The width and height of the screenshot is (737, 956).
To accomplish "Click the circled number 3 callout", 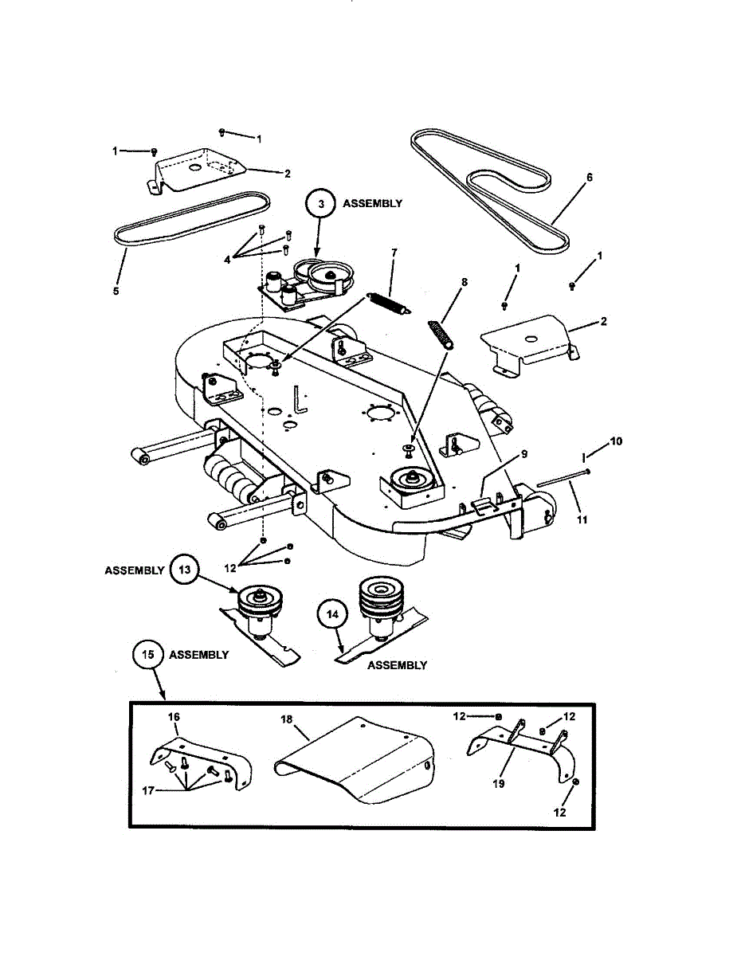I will [x=321, y=204].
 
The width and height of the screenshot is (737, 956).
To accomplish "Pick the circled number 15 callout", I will [x=147, y=655].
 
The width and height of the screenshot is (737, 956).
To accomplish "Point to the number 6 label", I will [x=590, y=178].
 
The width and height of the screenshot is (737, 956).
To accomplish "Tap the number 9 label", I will [x=523, y=454].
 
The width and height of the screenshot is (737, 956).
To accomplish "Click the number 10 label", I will [x=617, y=441].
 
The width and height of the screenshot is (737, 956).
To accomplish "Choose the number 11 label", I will [x=582, y=519].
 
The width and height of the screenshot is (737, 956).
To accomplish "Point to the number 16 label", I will [x=174, y=717].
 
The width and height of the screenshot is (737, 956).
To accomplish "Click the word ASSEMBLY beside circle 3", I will [x=372, y=204].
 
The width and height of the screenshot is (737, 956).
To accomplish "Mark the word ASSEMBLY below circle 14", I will [x=397, y=665].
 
